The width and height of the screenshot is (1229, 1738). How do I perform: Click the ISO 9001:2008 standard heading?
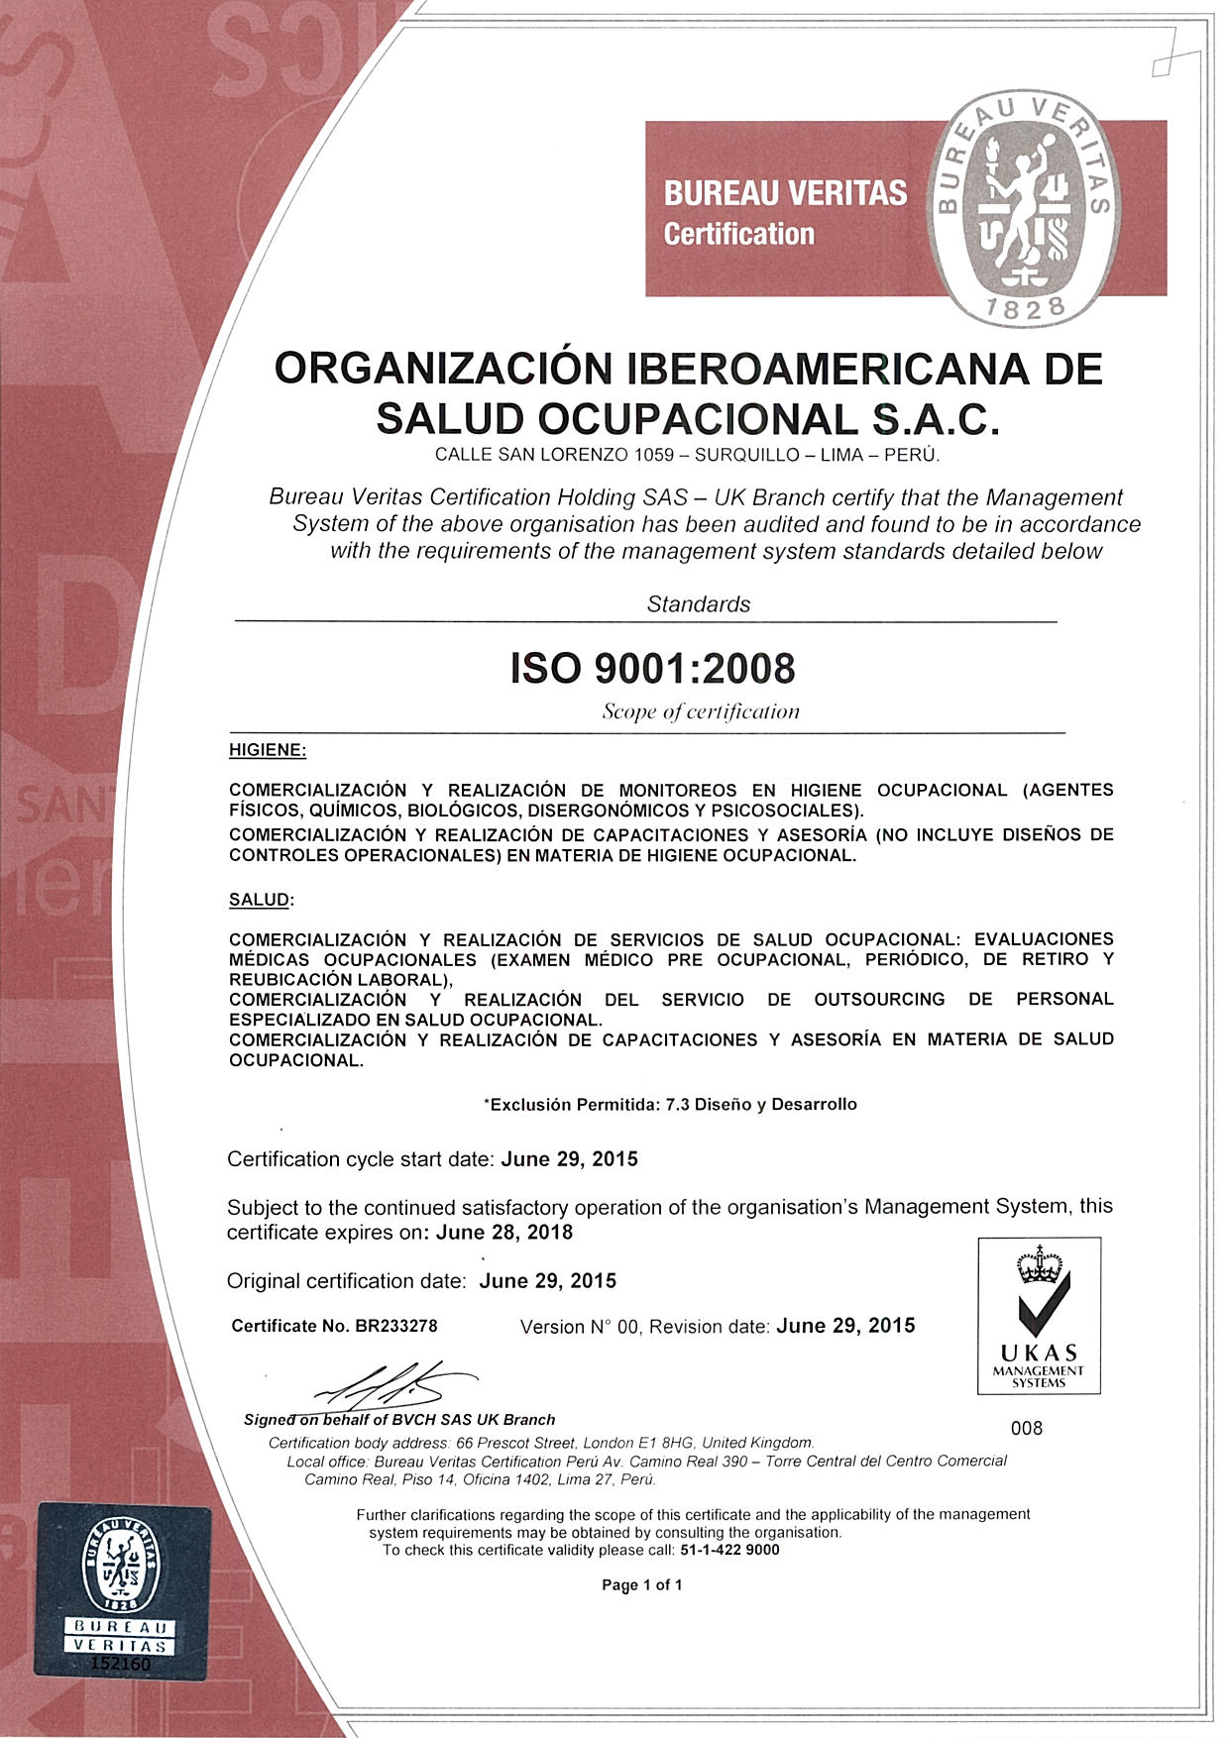652,669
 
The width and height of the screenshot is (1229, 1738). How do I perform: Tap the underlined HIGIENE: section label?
268,750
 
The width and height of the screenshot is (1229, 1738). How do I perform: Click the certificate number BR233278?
395,1326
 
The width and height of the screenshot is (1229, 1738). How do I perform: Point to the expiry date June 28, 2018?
504,1233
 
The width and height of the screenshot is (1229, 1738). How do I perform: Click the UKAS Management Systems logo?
1039,1316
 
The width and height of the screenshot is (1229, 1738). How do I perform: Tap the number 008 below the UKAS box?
1027,1428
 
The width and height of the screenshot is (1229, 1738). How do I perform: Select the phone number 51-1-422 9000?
730,1551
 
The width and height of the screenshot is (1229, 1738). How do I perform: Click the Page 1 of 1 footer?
642,1585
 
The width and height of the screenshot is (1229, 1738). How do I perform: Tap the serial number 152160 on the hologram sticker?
121,1664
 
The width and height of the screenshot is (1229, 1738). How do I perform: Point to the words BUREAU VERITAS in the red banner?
785,192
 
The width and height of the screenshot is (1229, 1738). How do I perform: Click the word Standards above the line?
699,604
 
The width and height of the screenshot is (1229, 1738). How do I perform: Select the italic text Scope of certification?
701,711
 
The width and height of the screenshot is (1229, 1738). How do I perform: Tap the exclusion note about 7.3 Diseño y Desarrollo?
670,1104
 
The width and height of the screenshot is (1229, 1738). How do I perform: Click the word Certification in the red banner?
739,235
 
